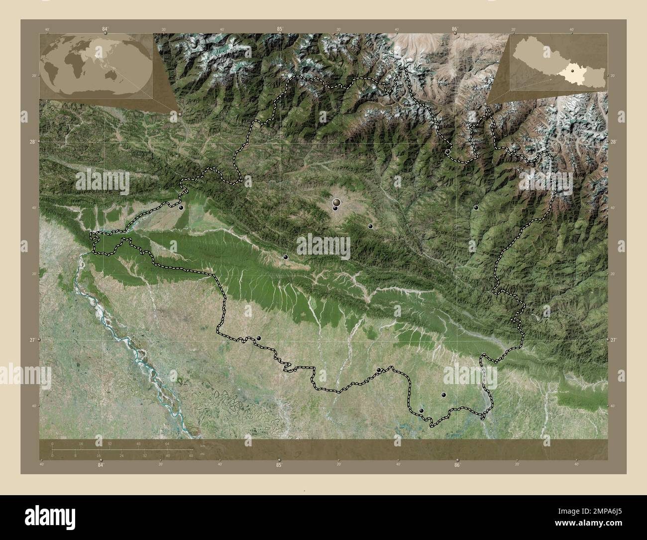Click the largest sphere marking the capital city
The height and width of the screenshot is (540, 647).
point(337,202)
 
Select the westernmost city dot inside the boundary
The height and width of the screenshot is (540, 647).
point(181,207)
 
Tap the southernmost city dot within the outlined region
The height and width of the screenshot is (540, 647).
point(422,410)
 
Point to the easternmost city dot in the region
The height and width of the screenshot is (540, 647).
point(476,207)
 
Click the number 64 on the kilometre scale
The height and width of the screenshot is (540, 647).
point(168,443)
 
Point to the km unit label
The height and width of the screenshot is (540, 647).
point(202,446)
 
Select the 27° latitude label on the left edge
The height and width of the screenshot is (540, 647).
point(32,340)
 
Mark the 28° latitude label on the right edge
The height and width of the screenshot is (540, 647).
point(614,142)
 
